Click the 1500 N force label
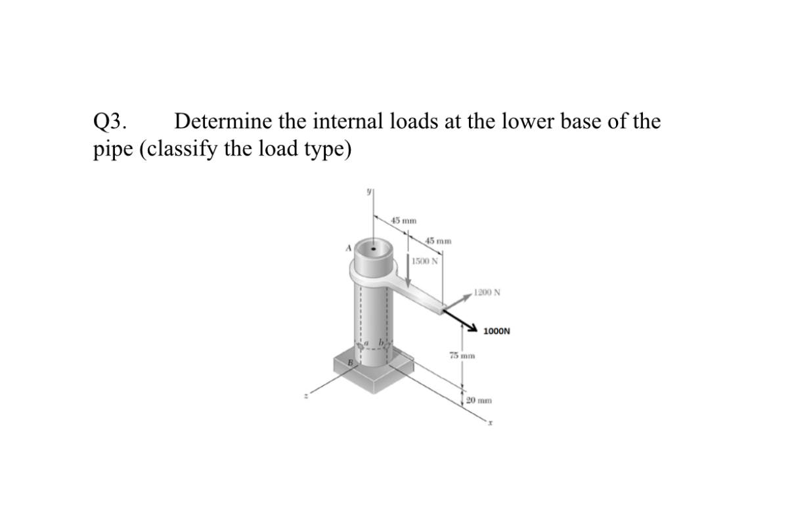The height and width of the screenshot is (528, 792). coord(425,261)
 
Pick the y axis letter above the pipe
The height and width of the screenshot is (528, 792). coord(368,191)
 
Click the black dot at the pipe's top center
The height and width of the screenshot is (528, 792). coord(374,249)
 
